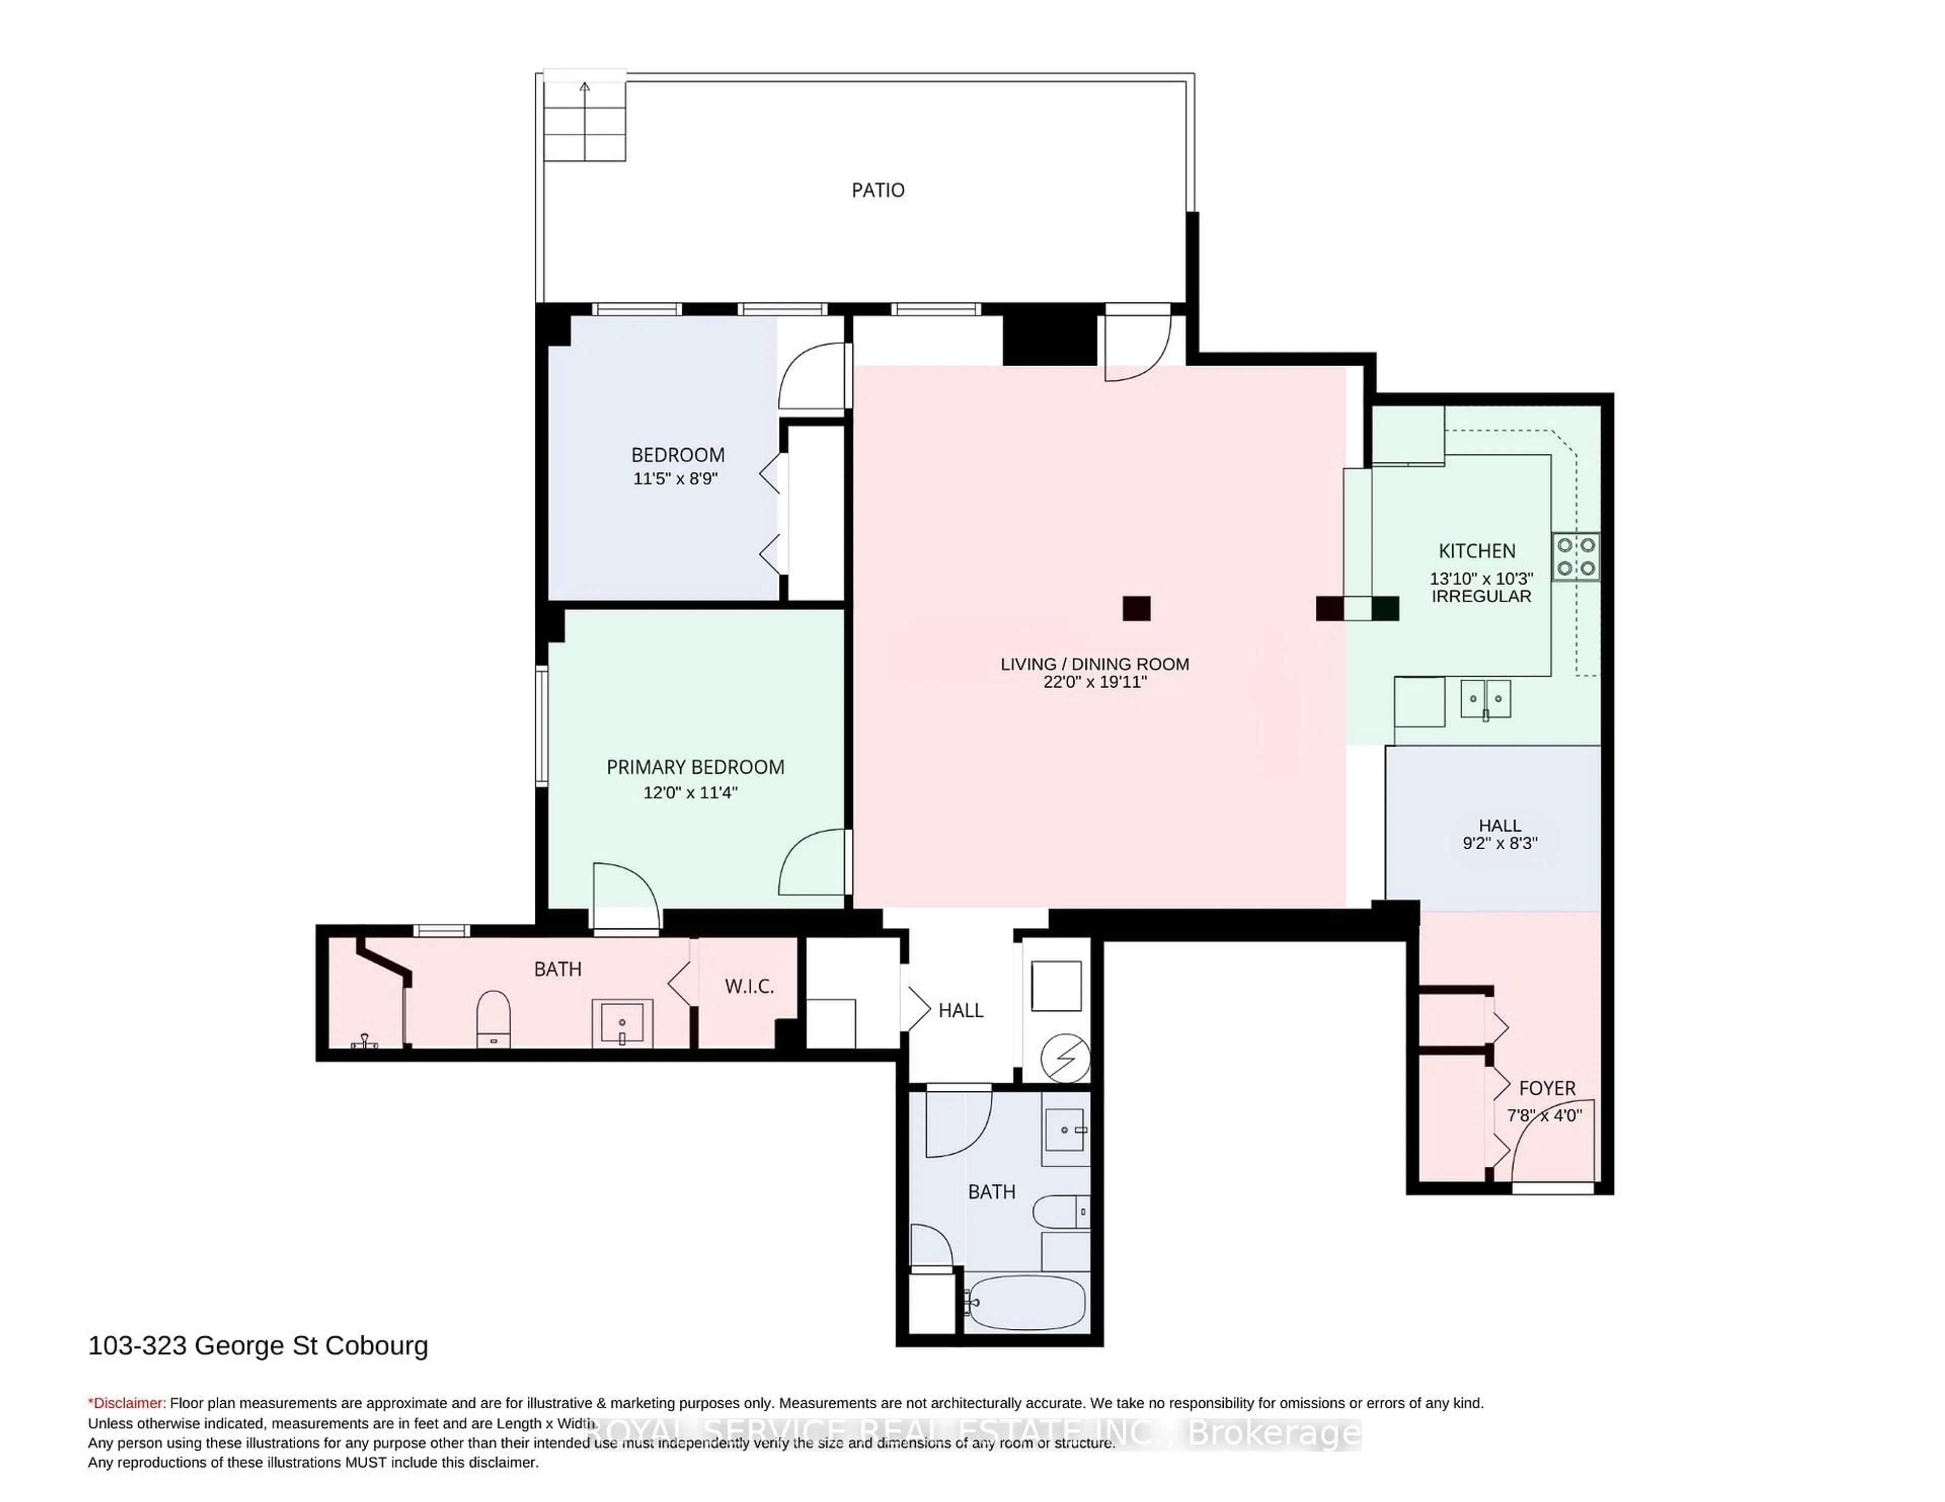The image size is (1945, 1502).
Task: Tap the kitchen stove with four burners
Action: coord(1575,557)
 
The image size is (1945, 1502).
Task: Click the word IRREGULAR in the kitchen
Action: coord(1481,597)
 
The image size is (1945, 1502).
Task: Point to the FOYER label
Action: coord(1547,1088)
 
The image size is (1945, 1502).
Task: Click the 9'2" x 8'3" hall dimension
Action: coord(1500,843)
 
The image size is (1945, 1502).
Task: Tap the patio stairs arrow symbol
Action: coord(584,87)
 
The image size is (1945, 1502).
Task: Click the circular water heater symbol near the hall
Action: coord(1065,1058)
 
